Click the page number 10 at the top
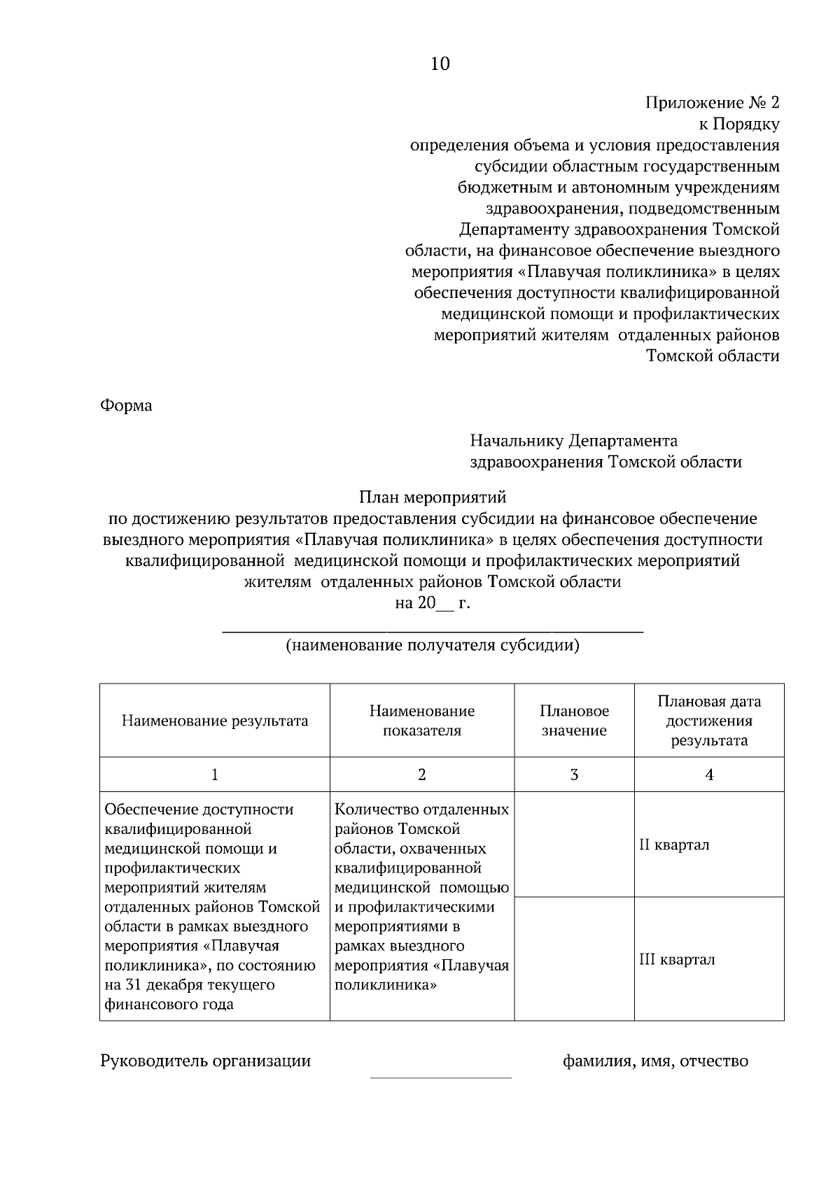click(440, 64)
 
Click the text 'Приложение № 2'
click(711, 104)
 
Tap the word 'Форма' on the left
click(127, 406)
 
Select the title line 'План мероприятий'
click(432, 497)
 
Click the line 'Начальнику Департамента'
click(573, 441)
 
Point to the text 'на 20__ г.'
click(432, 603)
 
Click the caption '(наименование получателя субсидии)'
click(432, 645)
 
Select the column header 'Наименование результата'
click(215, 721)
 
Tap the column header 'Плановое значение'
click(574, 721)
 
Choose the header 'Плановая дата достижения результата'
click(708, 721)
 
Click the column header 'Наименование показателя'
click(422, 721)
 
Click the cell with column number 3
click(574, 775)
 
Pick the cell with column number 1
click(215, 775)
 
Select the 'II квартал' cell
click(708, 844)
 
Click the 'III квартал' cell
click(708, 959)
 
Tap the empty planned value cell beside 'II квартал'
click(574, 844)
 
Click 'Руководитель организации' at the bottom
click(206, 1061)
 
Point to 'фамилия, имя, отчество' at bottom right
click(655, 1061)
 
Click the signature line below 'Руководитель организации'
click(440, 1077)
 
